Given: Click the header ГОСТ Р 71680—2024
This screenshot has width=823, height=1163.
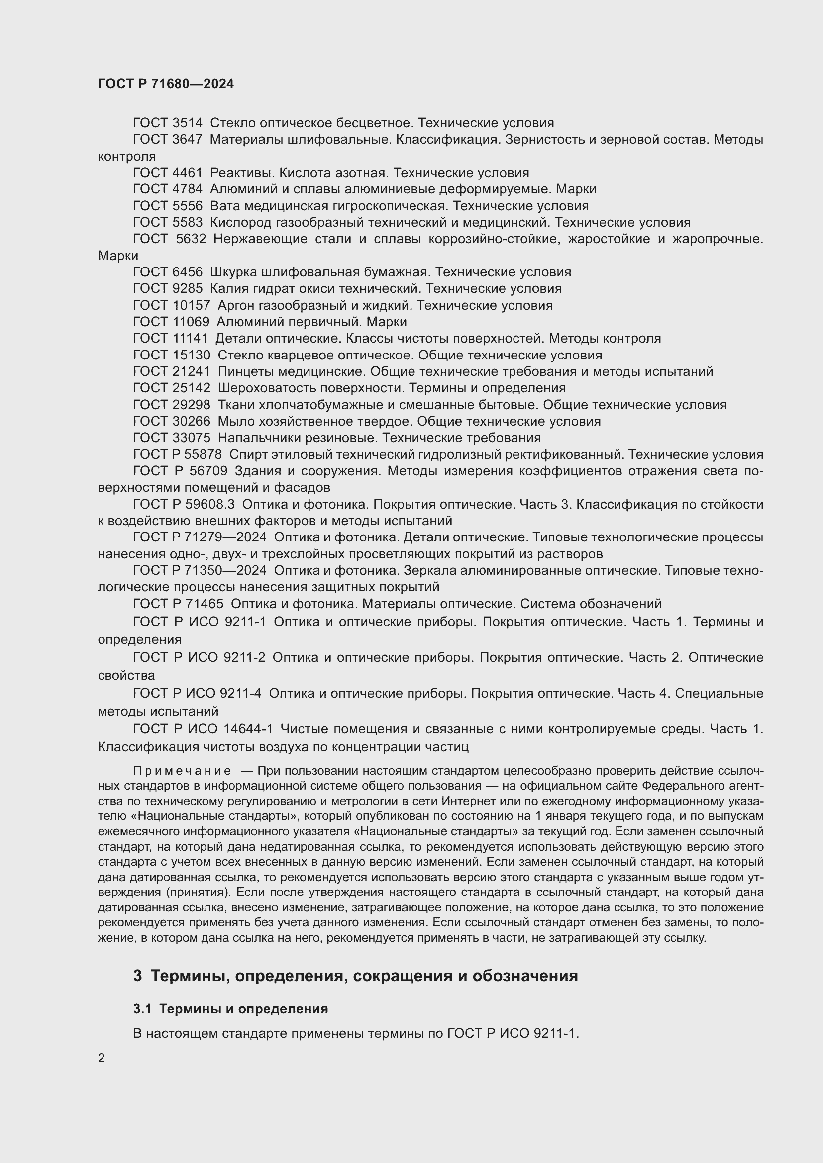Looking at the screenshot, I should (x=166, y=84).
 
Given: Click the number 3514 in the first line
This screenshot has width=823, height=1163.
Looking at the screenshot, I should (x=188, y=123).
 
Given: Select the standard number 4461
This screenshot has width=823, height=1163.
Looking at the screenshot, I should (x=188, y=173).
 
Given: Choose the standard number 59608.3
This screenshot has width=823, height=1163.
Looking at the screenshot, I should (x=209, y=505).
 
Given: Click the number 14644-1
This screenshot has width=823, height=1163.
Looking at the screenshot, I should (x=248, y=729).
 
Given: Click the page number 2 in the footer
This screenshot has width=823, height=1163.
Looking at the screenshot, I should (x=102, y=1058).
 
